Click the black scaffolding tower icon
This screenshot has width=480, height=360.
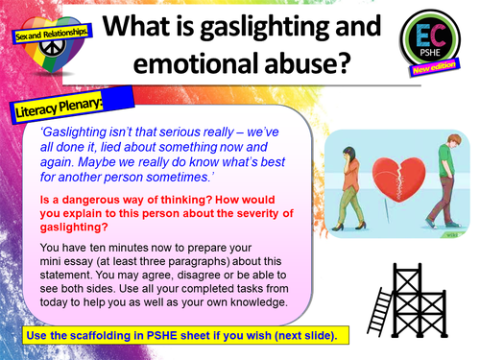pos(423,285)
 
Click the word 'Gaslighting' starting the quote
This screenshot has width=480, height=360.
pos(94,132)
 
